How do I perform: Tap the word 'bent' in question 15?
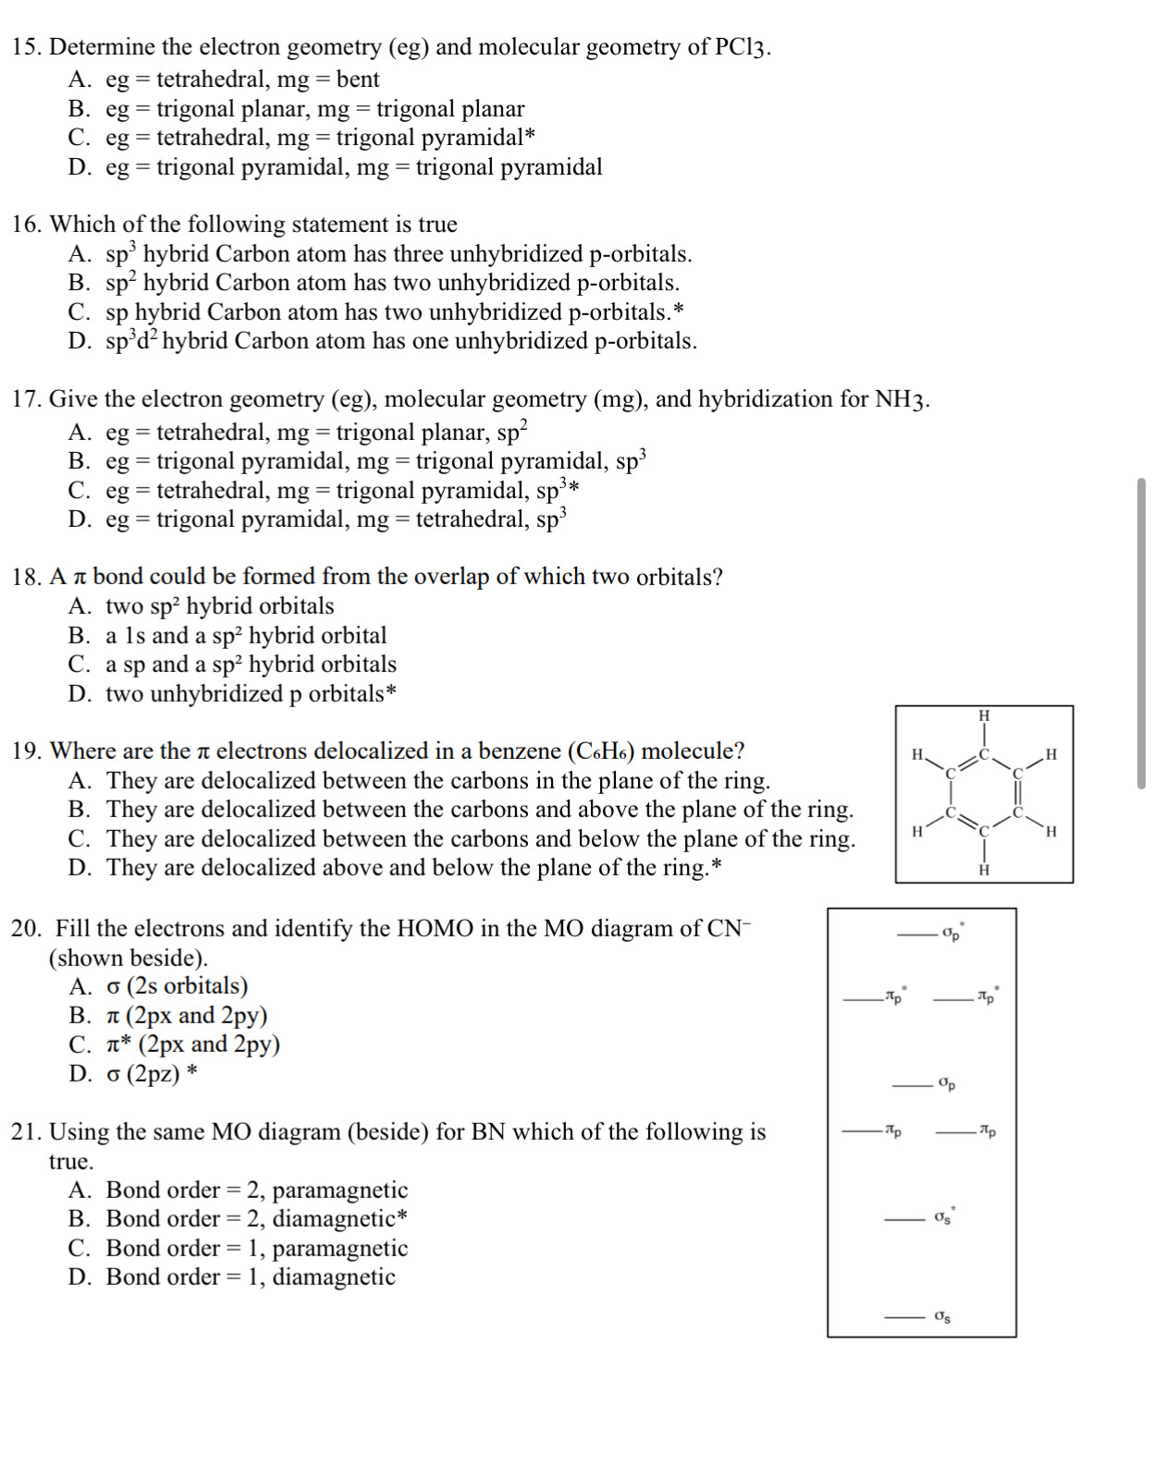358,79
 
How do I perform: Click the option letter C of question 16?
79,312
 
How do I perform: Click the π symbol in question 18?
80,578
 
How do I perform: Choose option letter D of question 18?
79,694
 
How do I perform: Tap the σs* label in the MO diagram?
943,1217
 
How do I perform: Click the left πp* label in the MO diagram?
895,996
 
